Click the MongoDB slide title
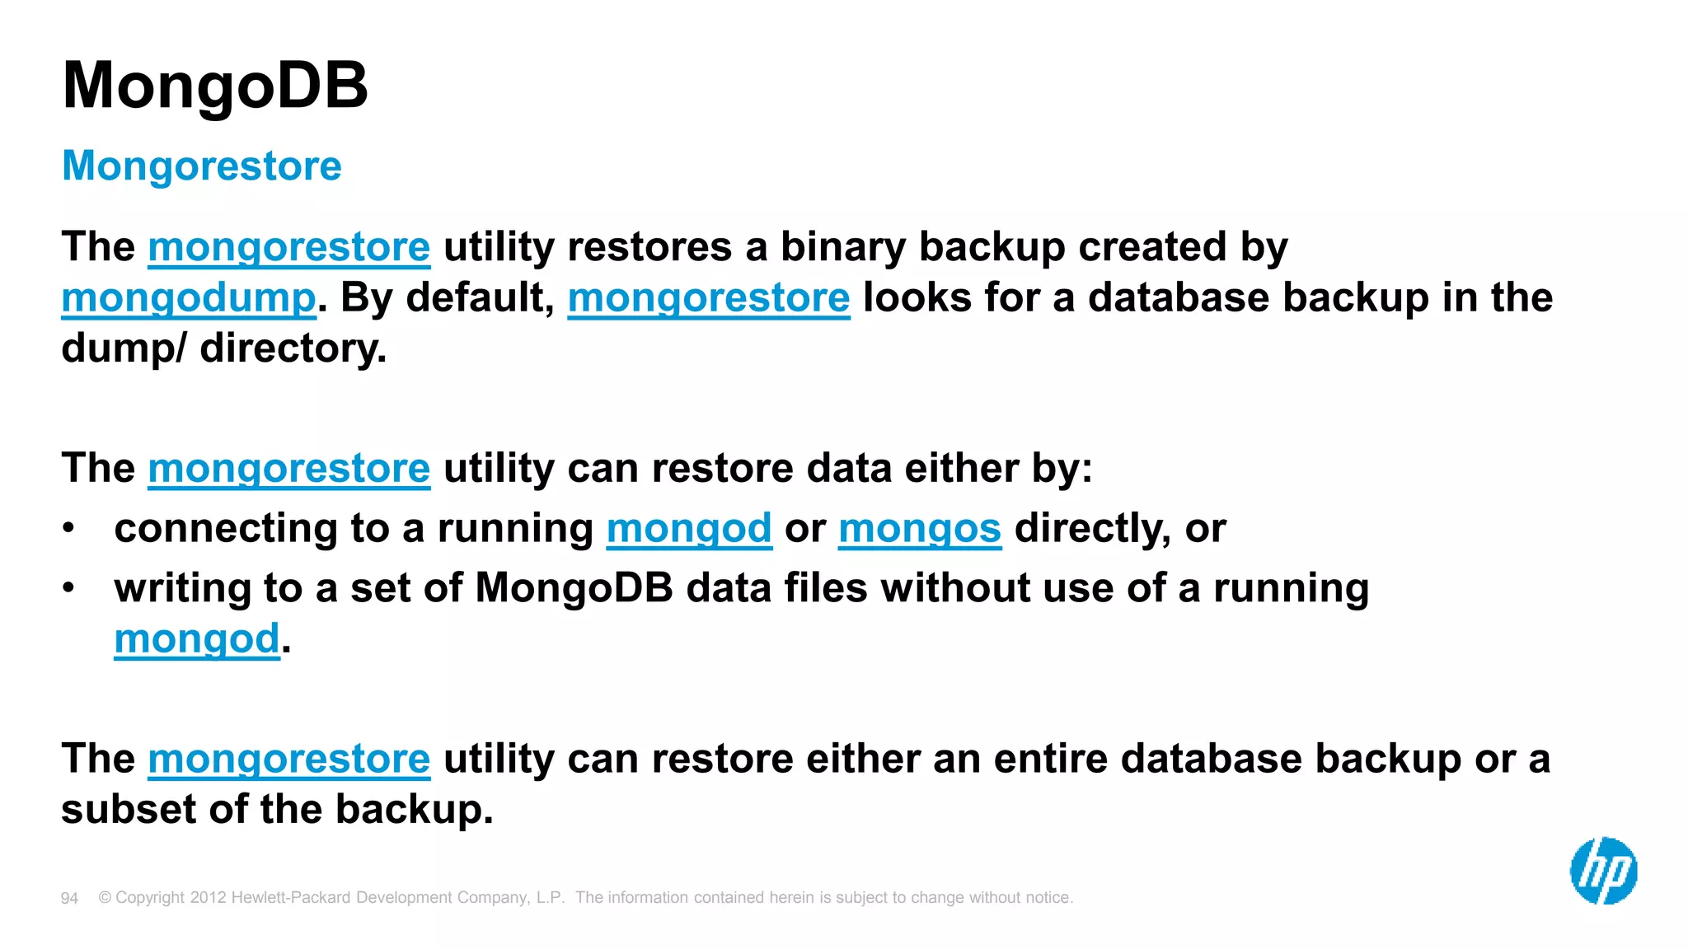click(x=214, y=86)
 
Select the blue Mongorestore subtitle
click(x=201, y=166)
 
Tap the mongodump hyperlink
click(x=189, y=297)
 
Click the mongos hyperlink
click(x=920, y=528)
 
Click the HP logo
click(x=1603, y=871)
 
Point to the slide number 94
click(x=69, y=898)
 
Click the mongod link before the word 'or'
click(x=689, y=528)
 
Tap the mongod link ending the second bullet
click(x=197, y=638)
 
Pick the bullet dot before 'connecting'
click(x=69, y=528)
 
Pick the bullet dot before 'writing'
click(x=69, y=588)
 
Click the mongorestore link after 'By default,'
click(x=709, y=297)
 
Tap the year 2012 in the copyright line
click(x=208, y=897)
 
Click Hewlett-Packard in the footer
click(x=292, y=897)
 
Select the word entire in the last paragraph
click(x=1051, y=759)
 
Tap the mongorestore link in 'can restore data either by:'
click(x=289, y=469)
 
